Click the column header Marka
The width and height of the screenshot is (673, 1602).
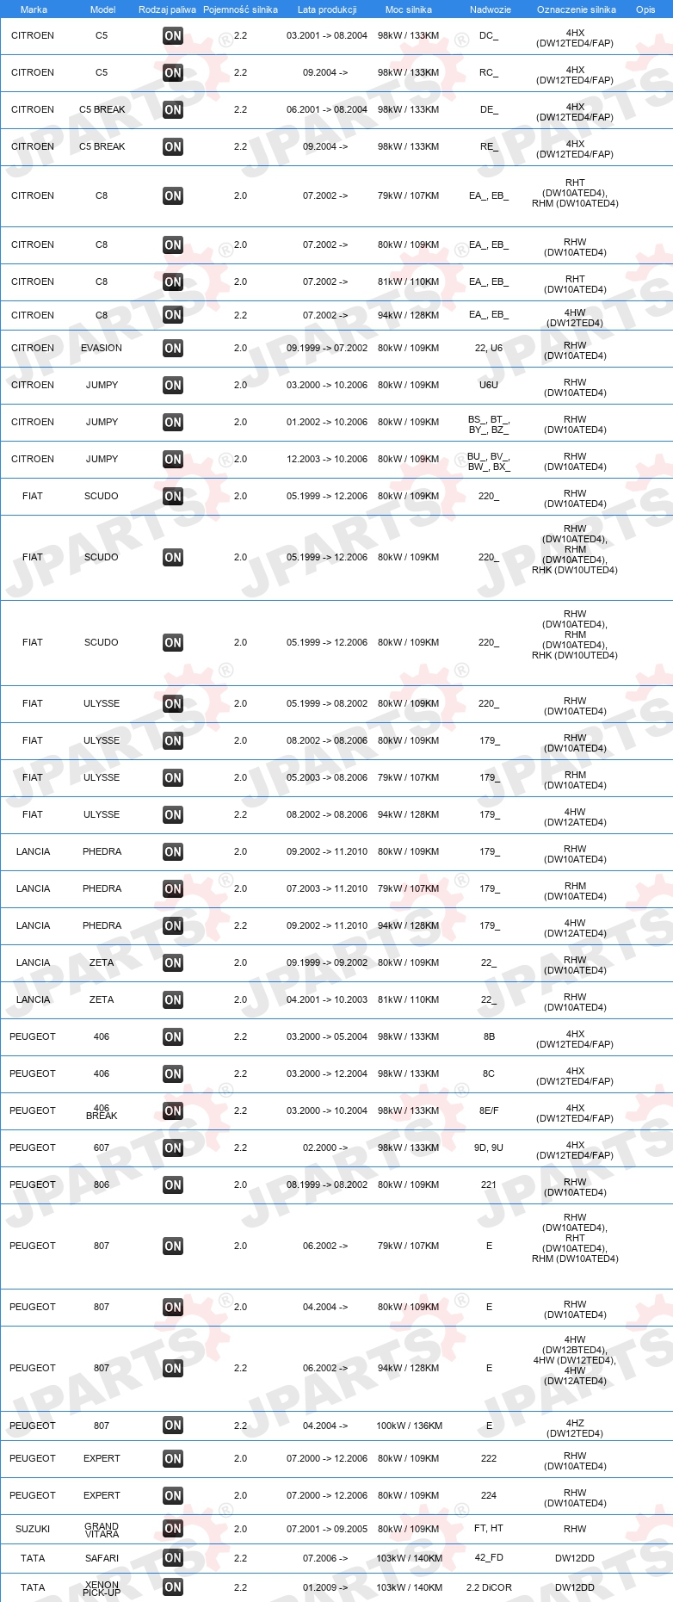click(x=34, y=9)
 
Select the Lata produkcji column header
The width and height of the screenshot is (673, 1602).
click(x=327, y=9)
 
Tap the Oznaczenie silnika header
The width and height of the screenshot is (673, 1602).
click(x=576, y=9)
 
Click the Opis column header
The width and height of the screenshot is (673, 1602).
click(x=645, y=9)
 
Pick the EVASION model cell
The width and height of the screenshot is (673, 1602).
click(x=102, y=348)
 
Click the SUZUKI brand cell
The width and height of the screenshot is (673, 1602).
click(x=33, y=1529)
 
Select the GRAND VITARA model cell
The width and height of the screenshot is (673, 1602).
click(x=102, y=1530)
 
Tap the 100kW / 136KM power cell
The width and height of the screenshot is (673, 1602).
click(x=409, y=1426)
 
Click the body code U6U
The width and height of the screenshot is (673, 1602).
click(x=489, y=385)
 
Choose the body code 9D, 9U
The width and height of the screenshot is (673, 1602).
click(x=489, y=1147)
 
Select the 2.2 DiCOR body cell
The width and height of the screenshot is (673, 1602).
click(x=489, y=1587)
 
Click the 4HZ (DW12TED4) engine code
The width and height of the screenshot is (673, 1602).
click(x=575, y=1428)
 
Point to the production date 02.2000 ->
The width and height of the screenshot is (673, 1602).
click(x=320, y=1147)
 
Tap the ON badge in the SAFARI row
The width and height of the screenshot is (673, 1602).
click(x=173, y=1558)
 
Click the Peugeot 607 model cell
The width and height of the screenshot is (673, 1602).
click(x=102, y=1147)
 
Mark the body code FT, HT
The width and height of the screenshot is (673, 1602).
click(x=489, y=1529)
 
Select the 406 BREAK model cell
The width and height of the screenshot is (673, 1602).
click(x=102, y=1111)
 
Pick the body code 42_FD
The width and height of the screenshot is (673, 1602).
click(x=489, y=1558)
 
